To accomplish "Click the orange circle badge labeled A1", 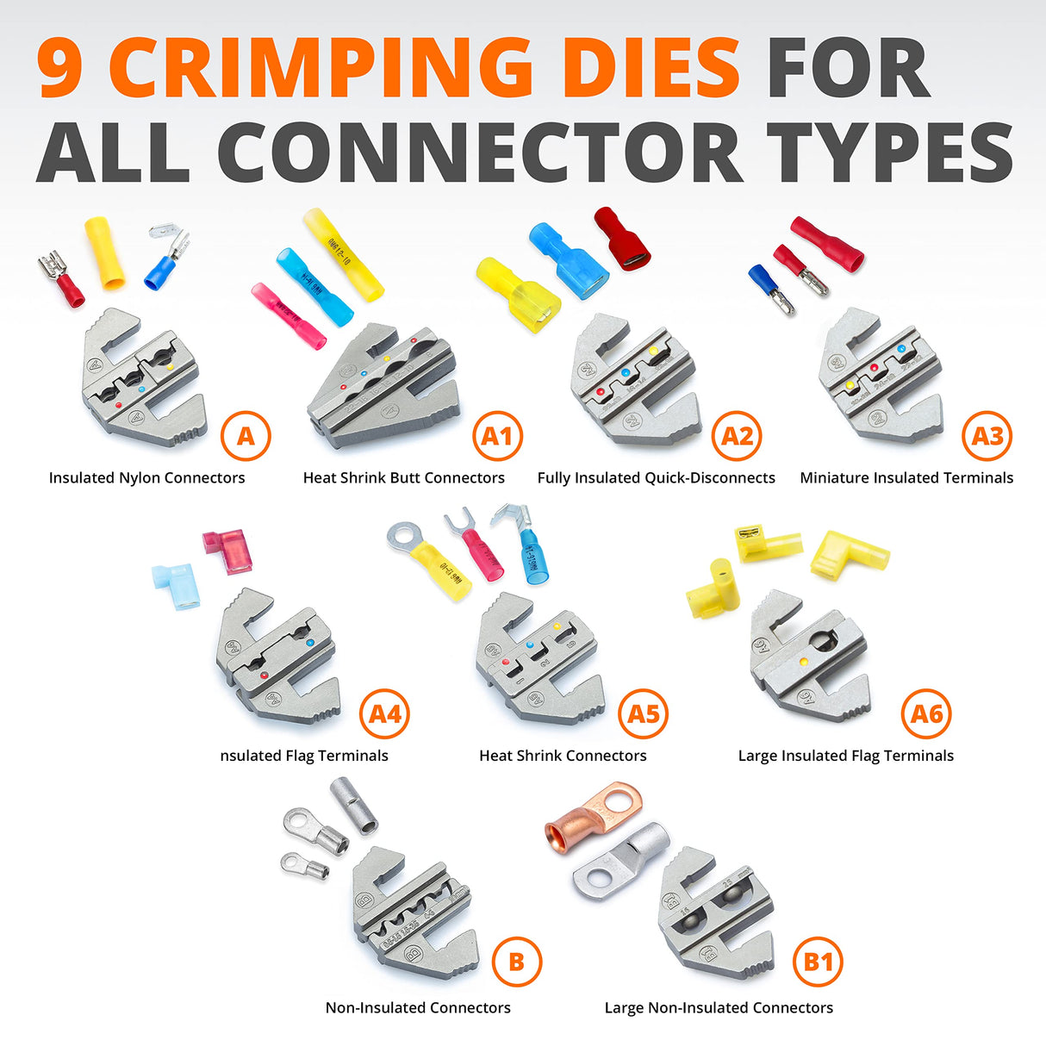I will [497, 436].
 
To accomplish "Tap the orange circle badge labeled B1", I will [818, 961].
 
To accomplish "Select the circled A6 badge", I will [926, 713].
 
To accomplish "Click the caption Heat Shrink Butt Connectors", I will [403, 478].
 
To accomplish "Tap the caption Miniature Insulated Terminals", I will [906, 478].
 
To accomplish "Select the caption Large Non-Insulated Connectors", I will [719, 1008].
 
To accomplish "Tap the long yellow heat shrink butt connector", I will [343, 253].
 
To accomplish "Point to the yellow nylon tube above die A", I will [104, 253].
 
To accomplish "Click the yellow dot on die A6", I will [803, 662].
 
